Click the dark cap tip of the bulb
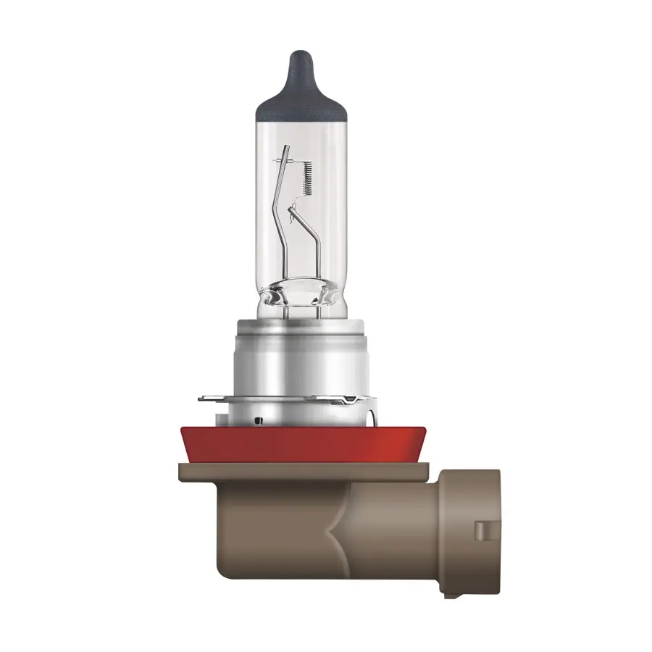(298, 62)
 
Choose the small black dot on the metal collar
(256, 419)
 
